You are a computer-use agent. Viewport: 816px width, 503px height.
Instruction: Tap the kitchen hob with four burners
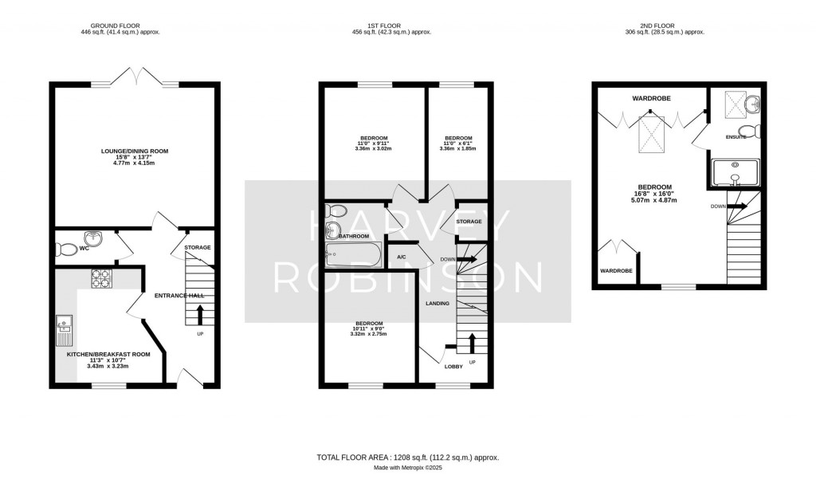pyautogui.click(x=103, y=279)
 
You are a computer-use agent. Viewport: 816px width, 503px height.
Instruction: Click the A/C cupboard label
pyautogui.click(x=402, y=257)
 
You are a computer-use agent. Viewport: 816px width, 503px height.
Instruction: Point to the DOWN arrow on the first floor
pyautogui.click(x=465, y=260)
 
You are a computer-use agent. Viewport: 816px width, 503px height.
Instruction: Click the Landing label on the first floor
pyautogui.click(x=437, y=304)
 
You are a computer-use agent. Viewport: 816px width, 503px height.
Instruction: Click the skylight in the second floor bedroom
pyautogui.click(x=651, y=133)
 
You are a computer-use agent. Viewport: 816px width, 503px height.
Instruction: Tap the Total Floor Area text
pyautogui.click(x=408, y=458)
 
